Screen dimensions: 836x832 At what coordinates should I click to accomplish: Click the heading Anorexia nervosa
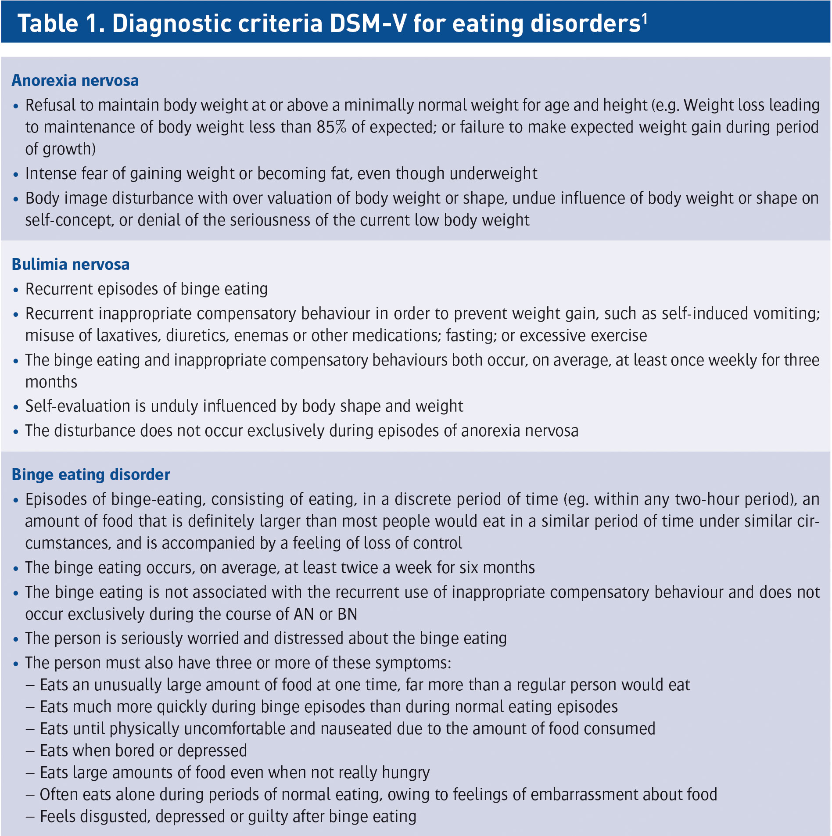75,81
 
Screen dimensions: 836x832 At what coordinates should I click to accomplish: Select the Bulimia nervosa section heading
71,265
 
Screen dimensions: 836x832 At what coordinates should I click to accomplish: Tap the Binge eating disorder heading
90,475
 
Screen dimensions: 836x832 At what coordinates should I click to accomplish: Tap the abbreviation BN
348,614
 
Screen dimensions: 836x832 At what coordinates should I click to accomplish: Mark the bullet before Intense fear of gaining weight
16,175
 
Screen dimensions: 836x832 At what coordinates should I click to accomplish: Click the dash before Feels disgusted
30,817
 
